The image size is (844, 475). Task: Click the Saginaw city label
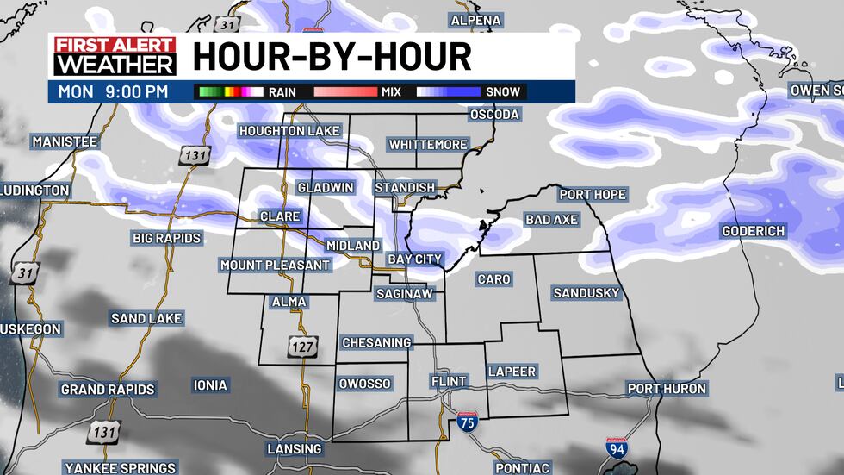pos(404,294)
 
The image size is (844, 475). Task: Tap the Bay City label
pos(415,259)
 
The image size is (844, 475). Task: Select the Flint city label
pos(448,381)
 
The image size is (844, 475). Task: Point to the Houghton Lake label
pos(290,131)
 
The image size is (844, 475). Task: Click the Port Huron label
pos(667,389)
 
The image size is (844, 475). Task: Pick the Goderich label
pos(753,231)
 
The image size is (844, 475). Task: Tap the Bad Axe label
pos(551,220)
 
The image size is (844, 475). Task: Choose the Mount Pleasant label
pos(275,265)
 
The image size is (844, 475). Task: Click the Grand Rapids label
pos(108,390)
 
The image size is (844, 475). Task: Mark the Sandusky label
pos(586,293)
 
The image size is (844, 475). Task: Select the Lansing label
pos(295,448)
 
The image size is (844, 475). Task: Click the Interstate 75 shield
pos(468,422)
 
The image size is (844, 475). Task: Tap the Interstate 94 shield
pos(616,448)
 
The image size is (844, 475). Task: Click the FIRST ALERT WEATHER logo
pos(115,57)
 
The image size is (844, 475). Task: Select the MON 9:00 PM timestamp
pos(113,91)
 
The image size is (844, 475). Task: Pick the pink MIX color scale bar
pos(345,91)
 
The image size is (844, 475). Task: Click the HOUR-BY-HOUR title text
pos(332,57)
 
